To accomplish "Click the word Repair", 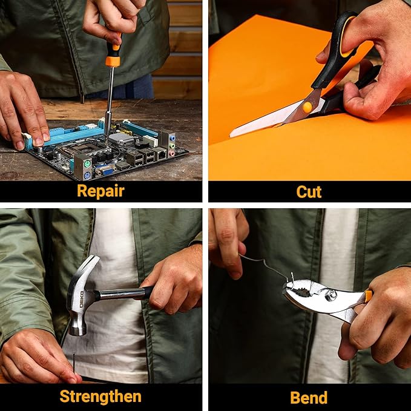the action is [x=100, y=191].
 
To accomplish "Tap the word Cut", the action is [x=309, y=192].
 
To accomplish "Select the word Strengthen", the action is [x=100, y=396].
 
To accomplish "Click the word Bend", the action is [x=309, y=397].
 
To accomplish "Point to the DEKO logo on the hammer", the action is [x=82, y=299].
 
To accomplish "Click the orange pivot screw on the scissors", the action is [x=307, y=107].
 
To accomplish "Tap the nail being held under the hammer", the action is [x=74, y=363].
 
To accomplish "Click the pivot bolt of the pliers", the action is [x=330, y=295].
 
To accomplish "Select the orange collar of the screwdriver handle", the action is [x=113, y=61].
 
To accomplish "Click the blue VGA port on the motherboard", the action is [x=107, y=172].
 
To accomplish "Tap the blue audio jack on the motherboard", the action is [x=172, y=138].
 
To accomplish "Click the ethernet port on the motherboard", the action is [x=161, y=154].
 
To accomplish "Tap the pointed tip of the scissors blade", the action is [x=231, y=136].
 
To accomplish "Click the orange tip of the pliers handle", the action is [x=369, y=296].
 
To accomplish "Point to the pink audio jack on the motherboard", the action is [x=171, y=153].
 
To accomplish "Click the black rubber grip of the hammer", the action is [x=148, y=292].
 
